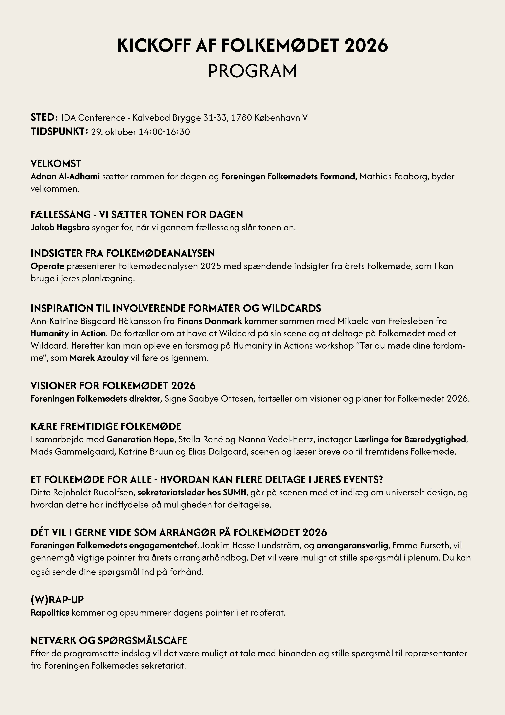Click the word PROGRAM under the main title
click(x=252, y=71)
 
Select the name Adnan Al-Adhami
click(x=65, y=177)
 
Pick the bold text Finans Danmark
click(x=209, y=321)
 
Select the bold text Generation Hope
click(x=140, y=439)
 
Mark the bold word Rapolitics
click(x=50, y=613)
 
